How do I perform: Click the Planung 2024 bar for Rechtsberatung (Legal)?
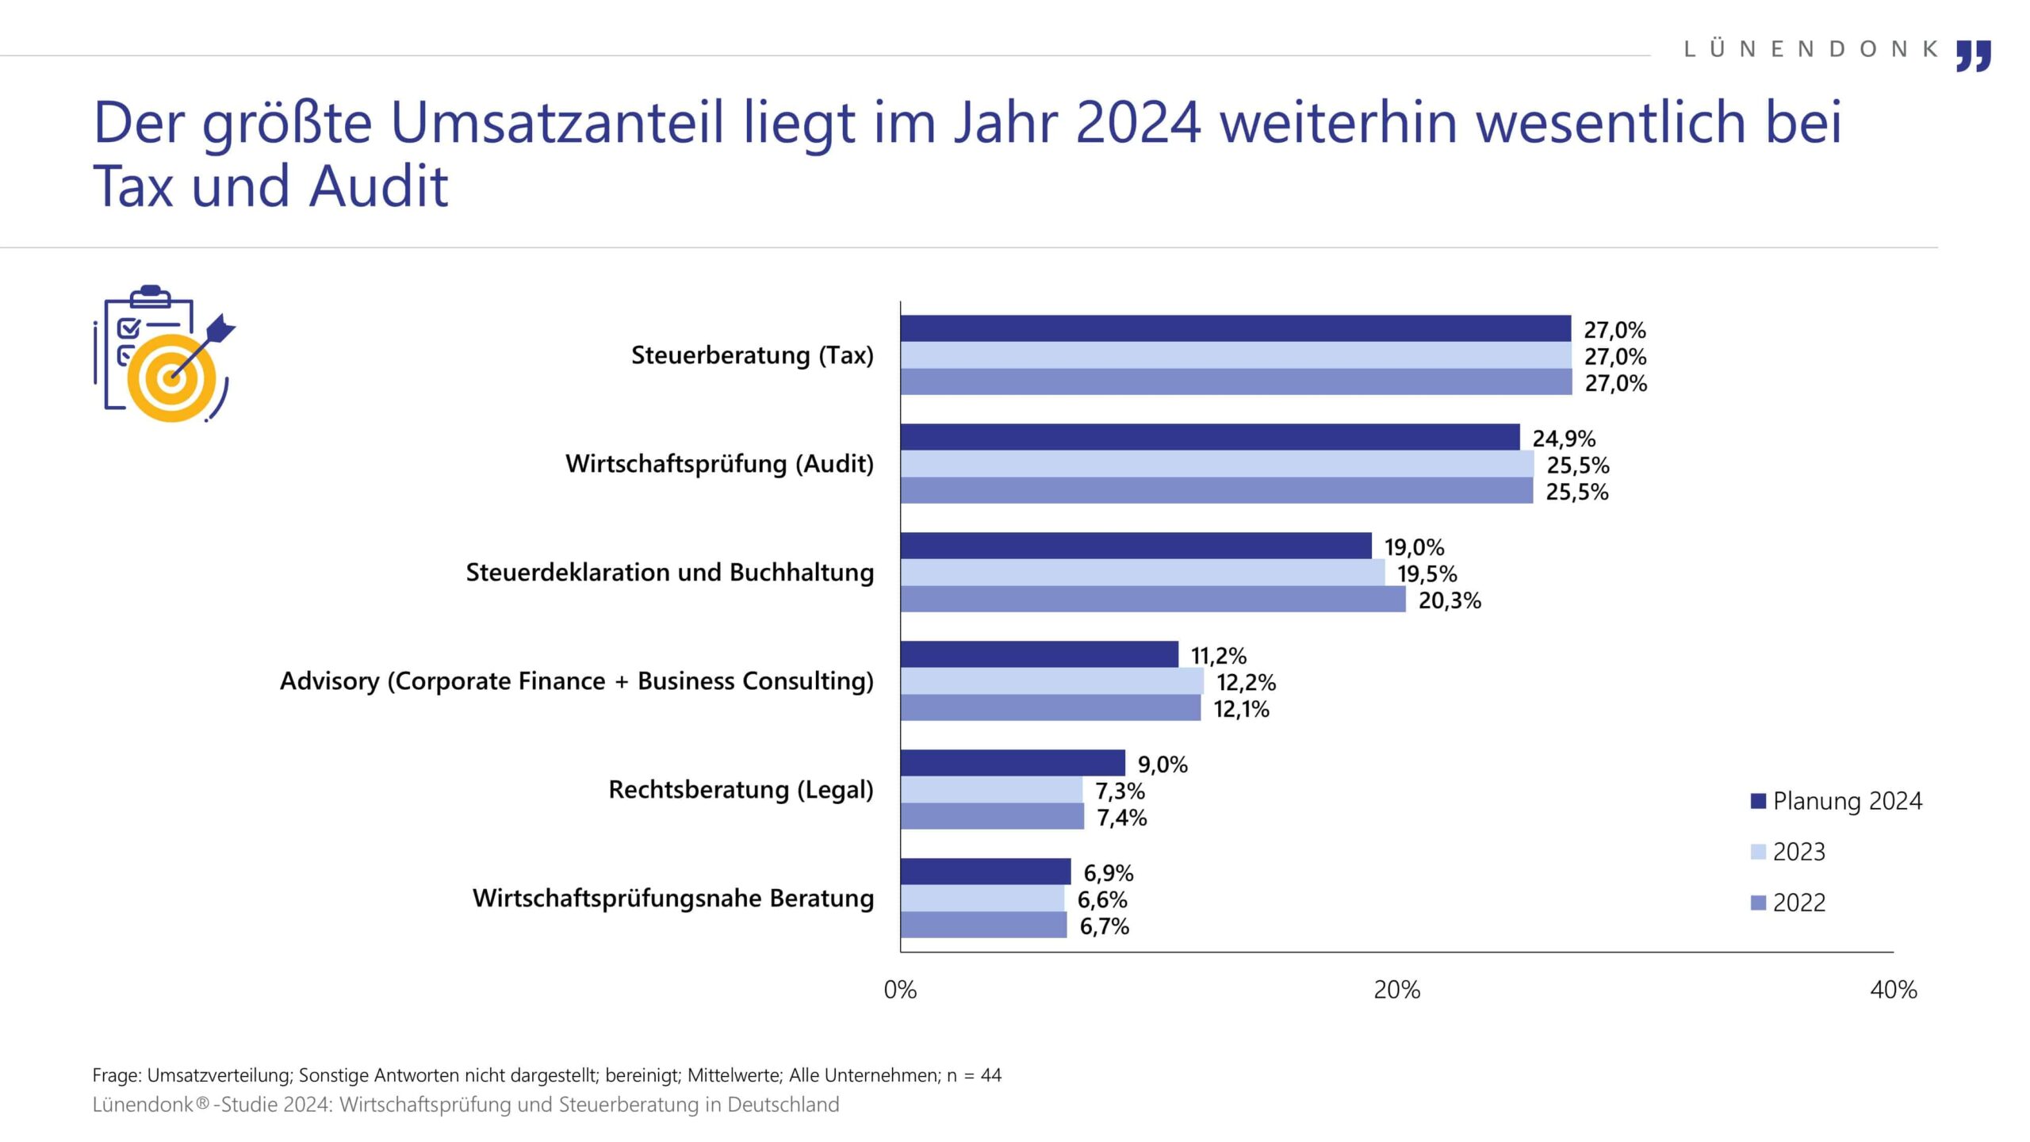pos(1012,763)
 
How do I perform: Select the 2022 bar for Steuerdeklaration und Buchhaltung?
pos(1152,600)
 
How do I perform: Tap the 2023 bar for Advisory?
pos(1051,681)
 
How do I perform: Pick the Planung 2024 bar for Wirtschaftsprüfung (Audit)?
pos(1209,437)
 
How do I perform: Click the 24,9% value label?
pos(1564,439)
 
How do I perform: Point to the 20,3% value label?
pos(1450,600)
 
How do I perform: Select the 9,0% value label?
pos(1162,765)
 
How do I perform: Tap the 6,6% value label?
pos(1101,899)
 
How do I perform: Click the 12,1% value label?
pos(1241,709)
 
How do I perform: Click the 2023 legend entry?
pos(1798,852)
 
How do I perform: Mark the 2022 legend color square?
pos(1758,902)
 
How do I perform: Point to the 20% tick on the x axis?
pos(1396,990)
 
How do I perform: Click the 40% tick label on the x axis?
pos(1893,990)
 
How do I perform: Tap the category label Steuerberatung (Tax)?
pos(752,355)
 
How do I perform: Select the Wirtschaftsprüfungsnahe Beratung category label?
pos(672,899)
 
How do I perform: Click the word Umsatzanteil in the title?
pos(557,123)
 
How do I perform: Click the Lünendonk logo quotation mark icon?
pos(1973,56)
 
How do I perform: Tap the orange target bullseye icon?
pos(170,377)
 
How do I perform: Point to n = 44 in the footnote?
pos(974,1075)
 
